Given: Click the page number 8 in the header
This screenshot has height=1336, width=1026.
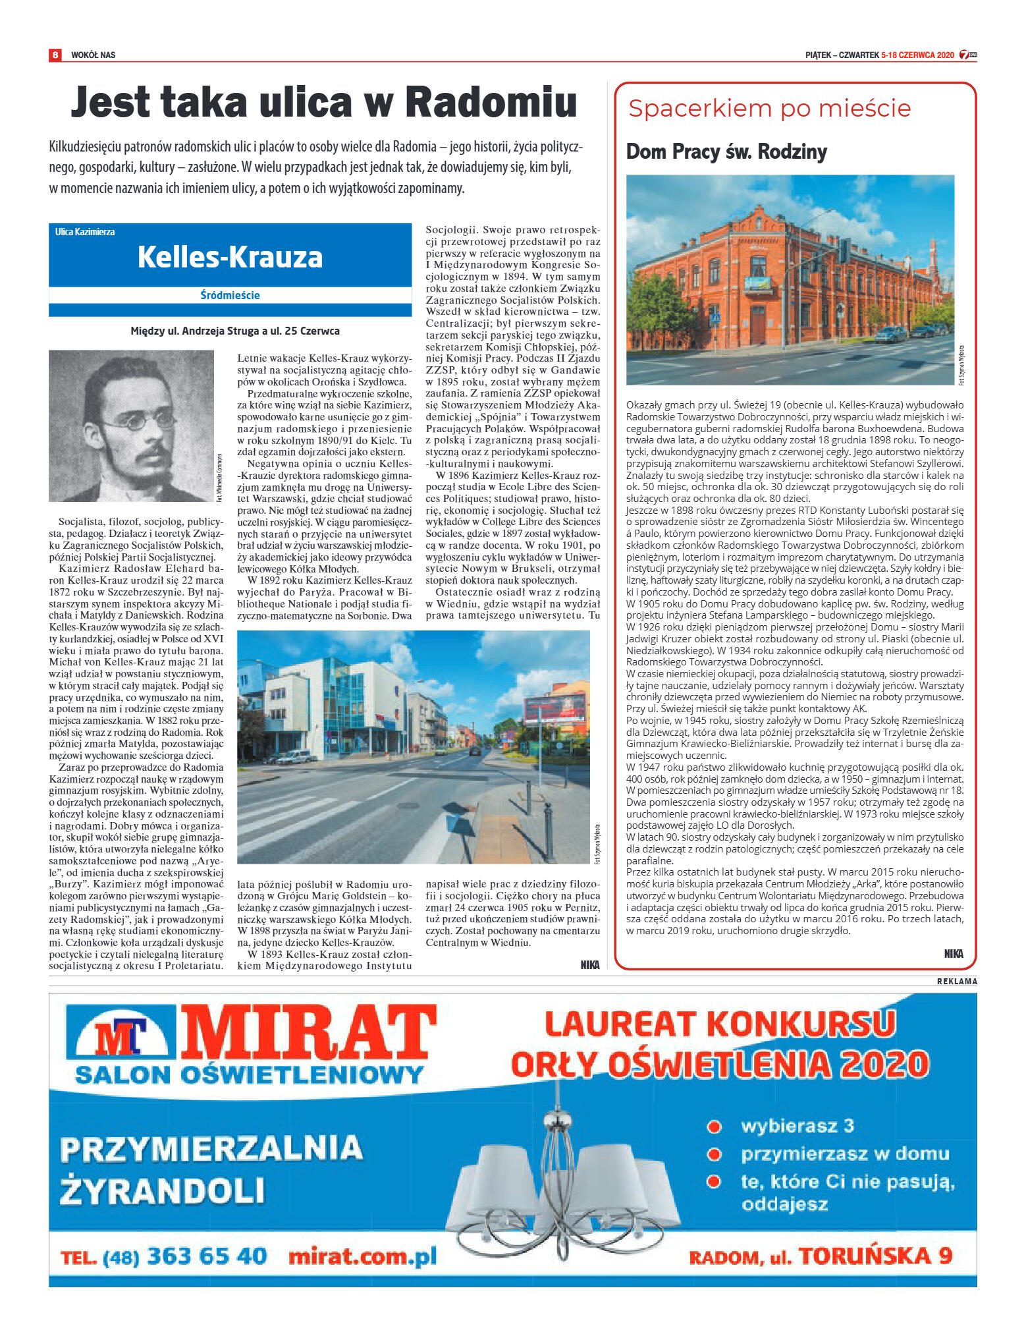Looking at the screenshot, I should click(x=55, y=55).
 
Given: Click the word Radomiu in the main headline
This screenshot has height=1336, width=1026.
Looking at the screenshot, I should click(x=491, y=103).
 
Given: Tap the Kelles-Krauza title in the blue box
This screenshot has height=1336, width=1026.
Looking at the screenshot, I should click(x=230, y=257).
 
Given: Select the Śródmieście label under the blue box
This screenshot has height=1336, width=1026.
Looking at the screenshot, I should click(x=230, y=295).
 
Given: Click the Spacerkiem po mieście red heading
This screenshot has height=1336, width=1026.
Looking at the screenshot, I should click(x=769, y=108).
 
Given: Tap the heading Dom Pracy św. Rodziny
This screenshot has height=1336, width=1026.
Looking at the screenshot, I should click(x=726, y=152).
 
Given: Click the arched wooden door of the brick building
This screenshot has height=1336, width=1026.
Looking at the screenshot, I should click(x=757, y=325).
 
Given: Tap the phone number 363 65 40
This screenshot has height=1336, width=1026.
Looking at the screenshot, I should click(x=207, y=1256).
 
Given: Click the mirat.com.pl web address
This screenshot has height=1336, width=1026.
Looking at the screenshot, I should click(x=362, y=1256).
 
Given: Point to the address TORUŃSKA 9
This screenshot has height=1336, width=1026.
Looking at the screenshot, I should click(x=875, y=1256).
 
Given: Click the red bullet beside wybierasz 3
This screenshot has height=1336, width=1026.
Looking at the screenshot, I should click(x=714, y=1127).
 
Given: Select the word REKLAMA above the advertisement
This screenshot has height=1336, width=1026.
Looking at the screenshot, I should click(x=957, y=981).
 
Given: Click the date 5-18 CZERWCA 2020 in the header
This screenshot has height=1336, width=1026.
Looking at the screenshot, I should click(x=917, y=55).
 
